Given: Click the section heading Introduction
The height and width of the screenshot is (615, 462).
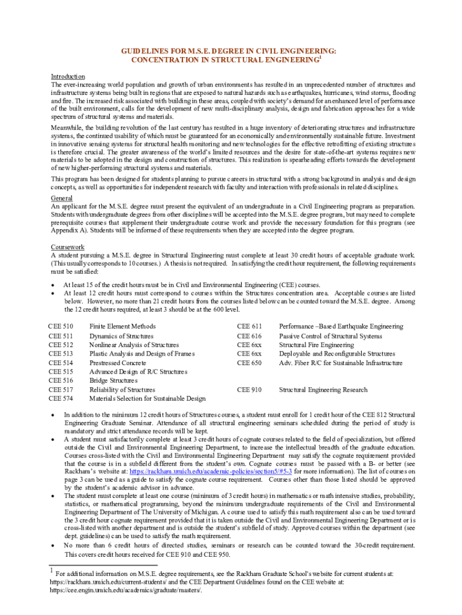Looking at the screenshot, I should pyautogui.click(x=68, y=76).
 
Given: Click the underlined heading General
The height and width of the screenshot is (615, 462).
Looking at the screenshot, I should pyautogui.click(x=62, y=198).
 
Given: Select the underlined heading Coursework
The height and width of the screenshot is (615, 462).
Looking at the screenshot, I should pyautogui.click(x=67, y=247).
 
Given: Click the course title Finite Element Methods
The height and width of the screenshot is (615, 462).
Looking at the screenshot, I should pyautogui.click(x=122, y=326).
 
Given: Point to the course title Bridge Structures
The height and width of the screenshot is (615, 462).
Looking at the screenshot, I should pyautogui.click(x=113, y=380).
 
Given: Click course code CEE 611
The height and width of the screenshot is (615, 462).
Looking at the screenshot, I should pyautogui.click(x=250, y=326).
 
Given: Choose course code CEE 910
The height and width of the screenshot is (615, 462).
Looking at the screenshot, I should pyautogui.click(x=250, y=390).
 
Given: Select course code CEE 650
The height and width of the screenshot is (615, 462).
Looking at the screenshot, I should pyautogui.click(x=250, y=363).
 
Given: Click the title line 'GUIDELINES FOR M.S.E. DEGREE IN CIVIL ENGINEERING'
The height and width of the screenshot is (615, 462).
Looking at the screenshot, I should pyautogui.click(x=229, y=52).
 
